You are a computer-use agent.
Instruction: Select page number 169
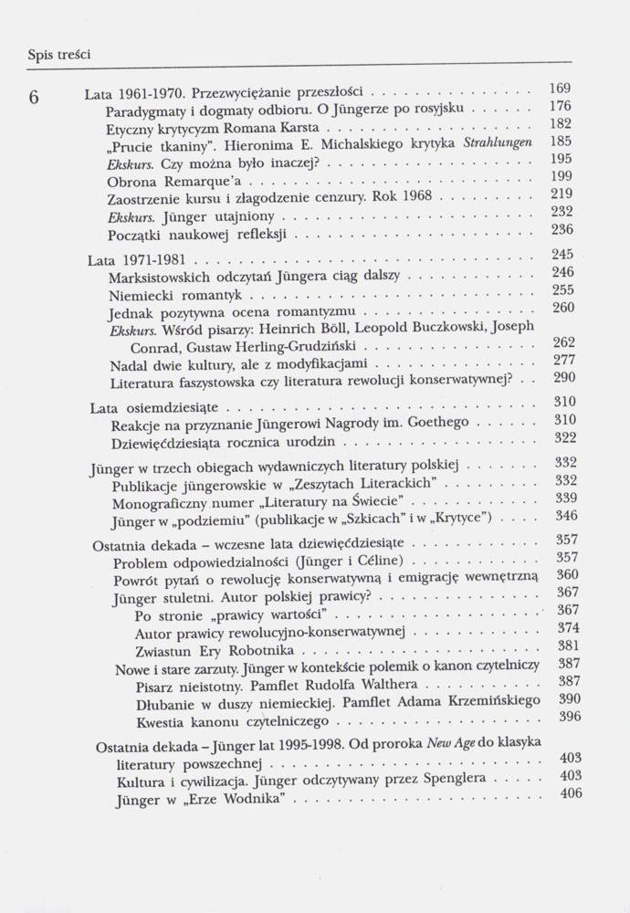pos(562,89)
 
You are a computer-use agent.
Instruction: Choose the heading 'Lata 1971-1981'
pos(133,259)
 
